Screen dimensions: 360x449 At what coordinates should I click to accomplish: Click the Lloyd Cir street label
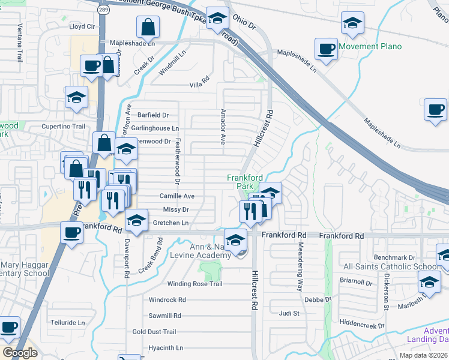(82, 26)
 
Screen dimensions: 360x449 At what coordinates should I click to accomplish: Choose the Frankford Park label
(243, 181)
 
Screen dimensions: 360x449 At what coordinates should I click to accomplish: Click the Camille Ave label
(176, 196)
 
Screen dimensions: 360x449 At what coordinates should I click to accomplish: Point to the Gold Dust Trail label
(154, 332)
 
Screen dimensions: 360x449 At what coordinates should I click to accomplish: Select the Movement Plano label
(370, 46)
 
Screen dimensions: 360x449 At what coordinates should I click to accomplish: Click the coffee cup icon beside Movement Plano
(327, 49)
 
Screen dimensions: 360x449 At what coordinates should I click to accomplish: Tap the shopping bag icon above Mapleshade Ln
(147, 26)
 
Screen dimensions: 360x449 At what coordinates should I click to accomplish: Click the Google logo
(20, 353)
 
